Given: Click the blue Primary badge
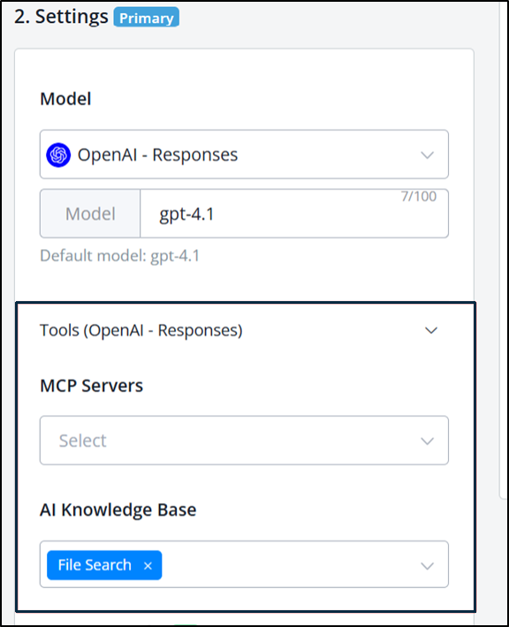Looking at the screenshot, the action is click(146, 18).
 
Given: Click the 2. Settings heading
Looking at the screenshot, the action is click(61, 17).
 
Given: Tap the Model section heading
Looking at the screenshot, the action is click(65, 99).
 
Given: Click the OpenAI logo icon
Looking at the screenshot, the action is click(58, 155).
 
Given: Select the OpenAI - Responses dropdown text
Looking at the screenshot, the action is click(157, 155).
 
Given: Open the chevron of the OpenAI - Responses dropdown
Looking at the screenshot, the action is click(428, 155).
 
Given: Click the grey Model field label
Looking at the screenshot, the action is click(90, 214).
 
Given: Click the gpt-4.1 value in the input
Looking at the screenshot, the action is click(186, 215).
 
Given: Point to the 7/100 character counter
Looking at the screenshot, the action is click(419, 196).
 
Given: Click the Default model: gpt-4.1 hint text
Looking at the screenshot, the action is click(119, 255).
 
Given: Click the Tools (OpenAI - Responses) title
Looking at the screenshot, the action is click(141, 330).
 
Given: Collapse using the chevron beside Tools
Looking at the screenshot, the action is click(431, 330).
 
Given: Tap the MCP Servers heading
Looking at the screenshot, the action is click(92, 386).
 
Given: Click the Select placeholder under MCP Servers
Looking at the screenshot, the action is click(83, 441).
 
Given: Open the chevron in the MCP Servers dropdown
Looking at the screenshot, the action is click(428, 441).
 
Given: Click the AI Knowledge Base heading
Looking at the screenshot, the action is click(118, 510).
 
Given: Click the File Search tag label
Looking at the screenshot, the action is click(95, 565).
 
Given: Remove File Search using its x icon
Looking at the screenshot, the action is click(148, 566).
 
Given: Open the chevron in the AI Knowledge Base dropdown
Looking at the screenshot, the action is click(428, 566).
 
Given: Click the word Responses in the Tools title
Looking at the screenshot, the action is click(199, 330).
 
